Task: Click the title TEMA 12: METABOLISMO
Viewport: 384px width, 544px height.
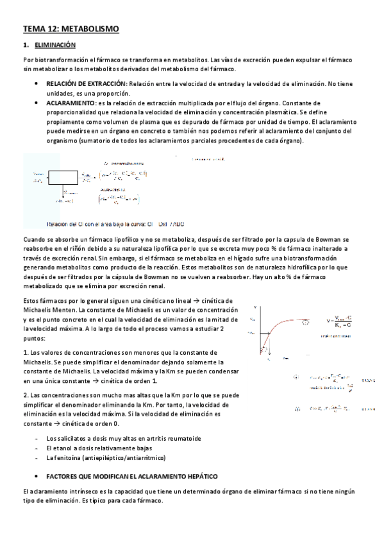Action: click(x=71, y=29)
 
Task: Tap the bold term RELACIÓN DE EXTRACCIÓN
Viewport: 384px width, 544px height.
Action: click(x=86, y=84)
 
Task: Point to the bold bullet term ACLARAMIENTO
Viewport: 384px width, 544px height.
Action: click(x=70, y=103)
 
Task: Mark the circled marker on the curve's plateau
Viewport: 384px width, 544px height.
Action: click(x=305, y=322)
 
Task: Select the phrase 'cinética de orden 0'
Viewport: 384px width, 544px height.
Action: click(x=89, y=423)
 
